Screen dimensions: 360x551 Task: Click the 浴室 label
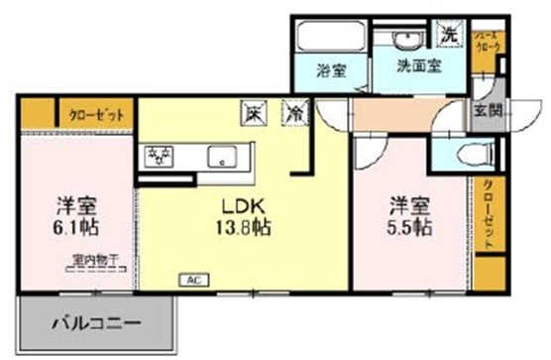coord(330,72)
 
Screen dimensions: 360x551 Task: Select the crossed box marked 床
coord(251,114)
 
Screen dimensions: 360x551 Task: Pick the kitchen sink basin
coord(224,157)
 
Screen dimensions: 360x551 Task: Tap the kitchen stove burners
coord(160,155)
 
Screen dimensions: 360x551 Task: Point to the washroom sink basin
coord(405,40)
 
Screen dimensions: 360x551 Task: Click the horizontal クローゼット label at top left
coord(96,113)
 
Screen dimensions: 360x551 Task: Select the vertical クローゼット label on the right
coord(488,214)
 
